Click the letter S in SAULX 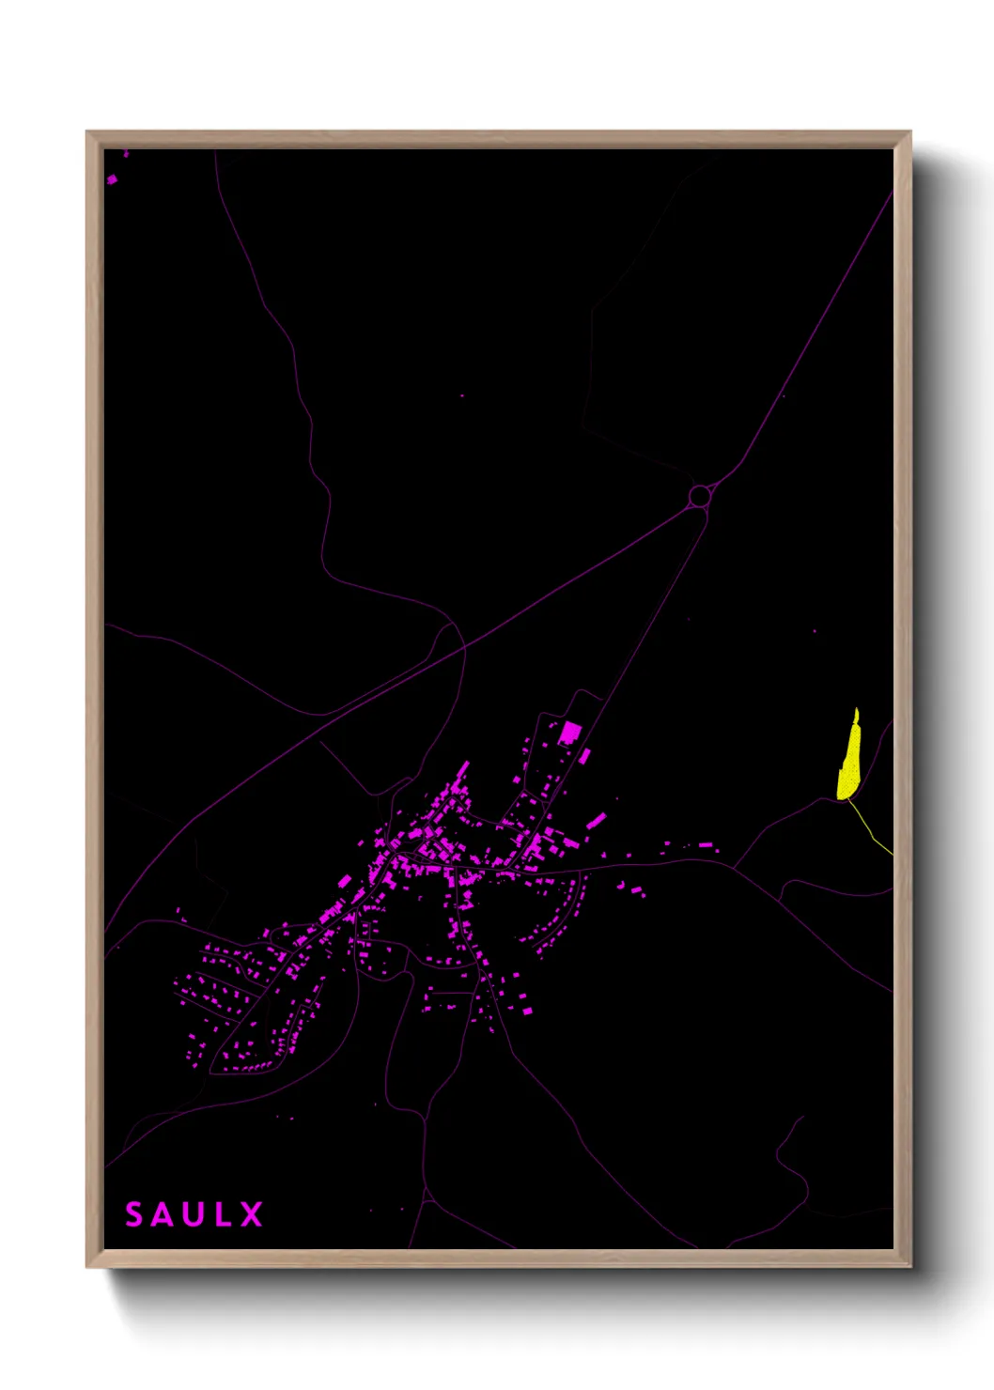pyautogui.click(x=134, y=1214)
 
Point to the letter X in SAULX pyautogui.click(x=251, y=1214)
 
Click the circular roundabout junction pyautogui.click(x=699, y=495)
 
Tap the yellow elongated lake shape pyautogui.click(x=850, y=761)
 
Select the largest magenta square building pyautogui.click(x=569, y=732)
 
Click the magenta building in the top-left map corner pyautogui.click(x=112, y=178)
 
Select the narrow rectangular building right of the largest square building pyautogui.click(x=584, y=755)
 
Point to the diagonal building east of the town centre pyautogui.click(x=596, y=821)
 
